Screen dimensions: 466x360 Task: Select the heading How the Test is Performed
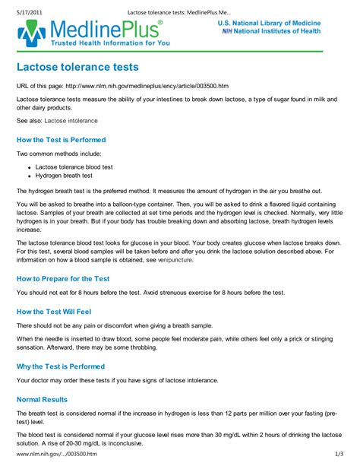(61, 140)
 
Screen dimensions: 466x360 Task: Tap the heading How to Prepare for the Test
(63, 278)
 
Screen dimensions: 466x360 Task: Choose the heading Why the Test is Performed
(62, 366)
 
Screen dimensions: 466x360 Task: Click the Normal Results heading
(42, 399)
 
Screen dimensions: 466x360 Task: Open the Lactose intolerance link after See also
(74, 121)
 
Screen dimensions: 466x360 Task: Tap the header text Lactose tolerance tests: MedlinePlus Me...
(180, 5)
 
